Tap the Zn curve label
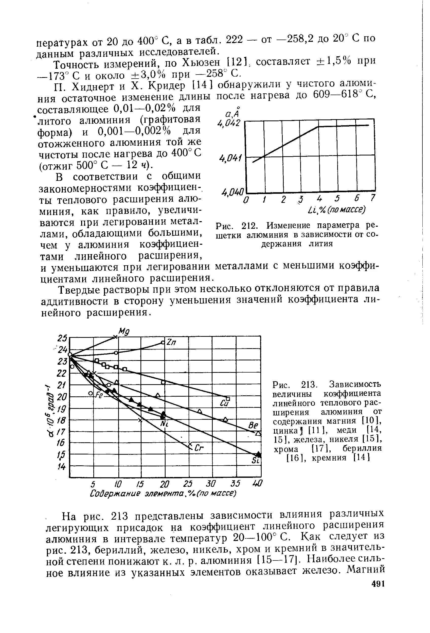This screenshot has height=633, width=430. [172, 343]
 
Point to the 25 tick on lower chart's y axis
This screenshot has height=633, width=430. [62, 338]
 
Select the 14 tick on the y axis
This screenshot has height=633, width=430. [62, 467]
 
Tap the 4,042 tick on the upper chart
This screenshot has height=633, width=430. [229, 124]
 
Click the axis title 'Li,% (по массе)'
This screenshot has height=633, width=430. [336, 210]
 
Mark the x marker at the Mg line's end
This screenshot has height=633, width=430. [115, 337]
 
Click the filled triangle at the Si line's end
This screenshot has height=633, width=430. [258, 454]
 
